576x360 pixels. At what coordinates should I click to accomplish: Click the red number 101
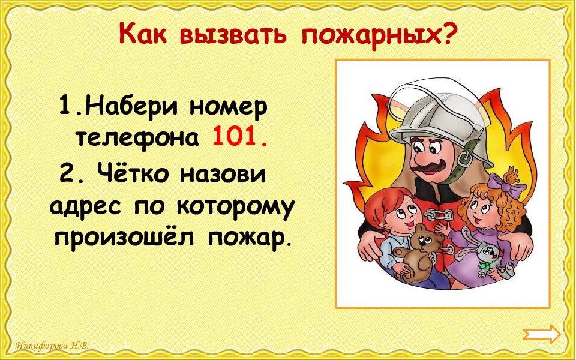click(238, 139)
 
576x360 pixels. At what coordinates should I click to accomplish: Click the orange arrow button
click(542, 334)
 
